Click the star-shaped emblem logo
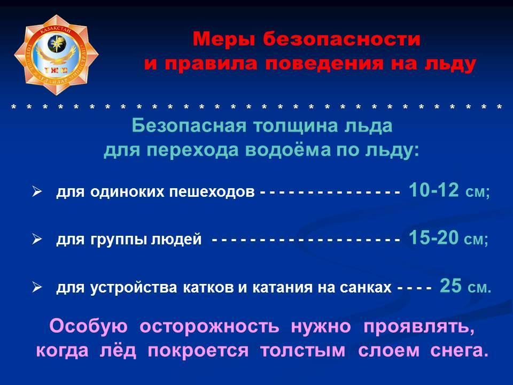coord(56,55)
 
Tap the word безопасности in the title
coord(342,39)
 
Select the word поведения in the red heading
coord(324,64)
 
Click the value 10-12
coord(434,190)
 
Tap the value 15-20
coord(433,237)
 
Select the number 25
coord(451,286)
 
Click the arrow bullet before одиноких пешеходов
coord(37,191)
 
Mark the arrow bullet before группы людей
coord(37,240)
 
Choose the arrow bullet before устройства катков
coord(37,288)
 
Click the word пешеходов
coord(212,192)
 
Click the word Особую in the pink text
coord(88,327)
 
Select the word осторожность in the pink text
coord(209,327)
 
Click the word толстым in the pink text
coord(302,351)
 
